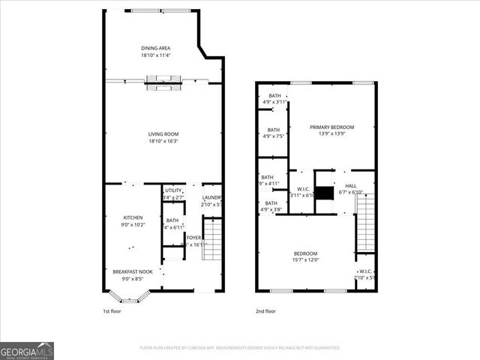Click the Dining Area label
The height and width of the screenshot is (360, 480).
(x=155, y=48)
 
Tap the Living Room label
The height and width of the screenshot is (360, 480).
(x=163, y=134)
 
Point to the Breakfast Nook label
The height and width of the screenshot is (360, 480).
(x=133, y=271)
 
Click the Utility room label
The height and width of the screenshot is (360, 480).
(x=173, y=190)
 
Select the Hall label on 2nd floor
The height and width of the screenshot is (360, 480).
(x=351, y=186)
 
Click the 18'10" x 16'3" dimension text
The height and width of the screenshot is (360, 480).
(x=163, y=141)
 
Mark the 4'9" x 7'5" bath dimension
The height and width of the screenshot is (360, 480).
(x=274, y=136)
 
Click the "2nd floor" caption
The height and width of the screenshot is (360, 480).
(x=265, y=310)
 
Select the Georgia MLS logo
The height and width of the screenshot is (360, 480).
(x=27, y=351)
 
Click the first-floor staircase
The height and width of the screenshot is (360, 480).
(x=213, y=238)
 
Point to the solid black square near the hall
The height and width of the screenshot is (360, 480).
(x=323, y=193)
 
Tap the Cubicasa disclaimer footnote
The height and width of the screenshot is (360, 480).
(x=240, y=348)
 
